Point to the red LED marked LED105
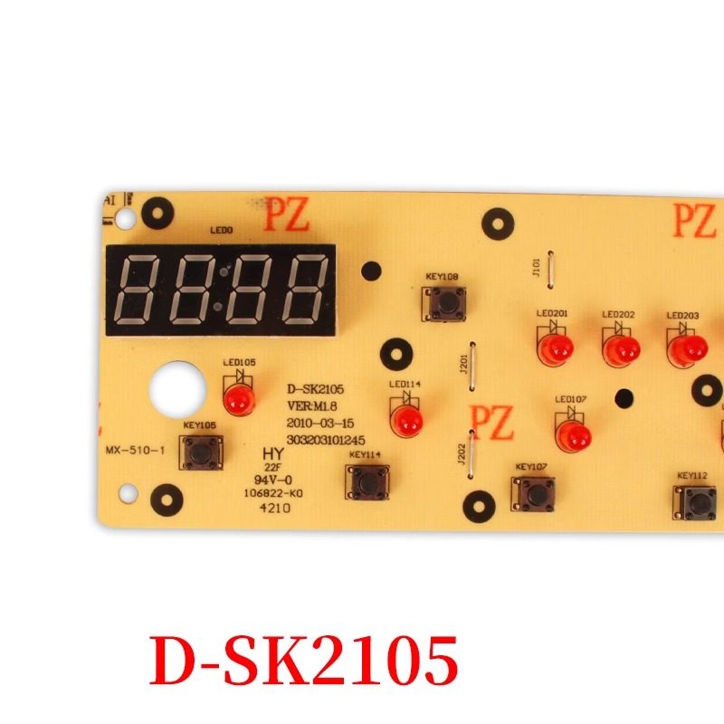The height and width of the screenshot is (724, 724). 238,398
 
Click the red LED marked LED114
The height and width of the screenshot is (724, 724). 406,418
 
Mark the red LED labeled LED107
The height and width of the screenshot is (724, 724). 571,437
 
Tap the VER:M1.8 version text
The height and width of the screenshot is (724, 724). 313,407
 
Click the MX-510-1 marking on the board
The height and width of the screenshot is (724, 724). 134,450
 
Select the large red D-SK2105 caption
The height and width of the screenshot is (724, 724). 302,660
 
